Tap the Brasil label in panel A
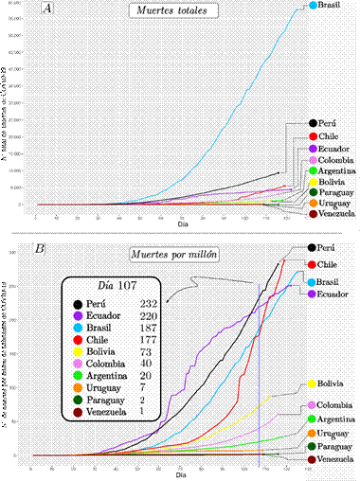330,6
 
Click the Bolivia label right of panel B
330,384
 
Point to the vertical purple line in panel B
259,369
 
